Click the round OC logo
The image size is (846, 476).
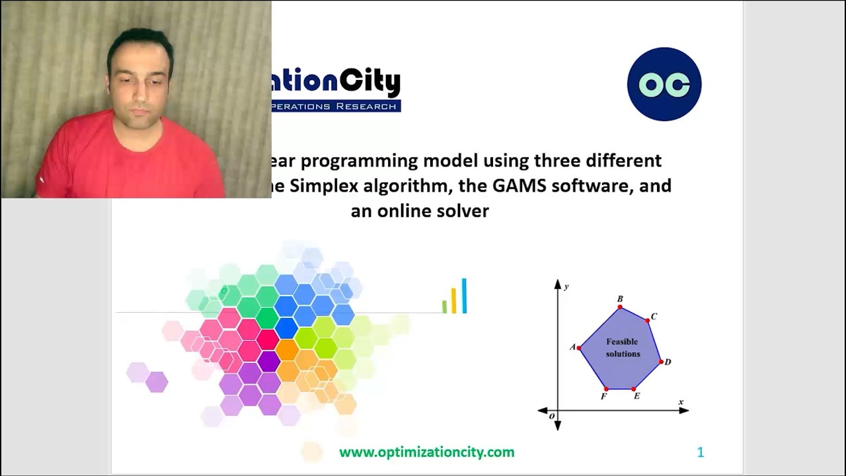click(x=664, y=84)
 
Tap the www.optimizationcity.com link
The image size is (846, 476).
click(x=426, y=452)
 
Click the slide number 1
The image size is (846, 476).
click(x=701, y=452)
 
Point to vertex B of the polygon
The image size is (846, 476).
click(x=620, y=307)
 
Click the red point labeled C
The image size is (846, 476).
click(x=647, y=321)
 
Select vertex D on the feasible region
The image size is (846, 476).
click(x=661, y=362)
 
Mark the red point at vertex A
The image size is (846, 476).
click(x=579, y=348)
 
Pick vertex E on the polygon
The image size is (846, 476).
click(x=634, y=389)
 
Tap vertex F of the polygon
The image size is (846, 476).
click(x=606, y=389)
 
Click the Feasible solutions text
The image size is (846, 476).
click(x=622, y=348)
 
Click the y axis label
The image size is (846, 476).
click(x=566, y=286)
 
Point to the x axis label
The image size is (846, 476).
click(x=681, y=402)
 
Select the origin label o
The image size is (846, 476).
click(x=552, y=416)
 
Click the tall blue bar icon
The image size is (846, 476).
click(x=464, y=296)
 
